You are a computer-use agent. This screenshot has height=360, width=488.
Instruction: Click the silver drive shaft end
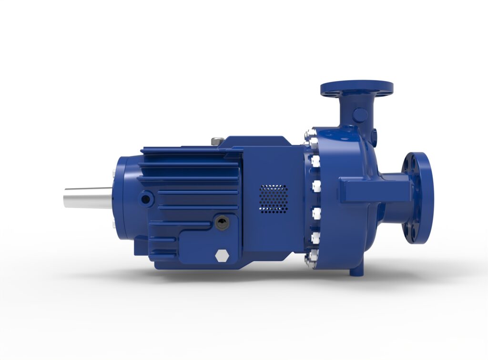(86, 196)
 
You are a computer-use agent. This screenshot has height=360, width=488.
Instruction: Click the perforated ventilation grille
(273, 198)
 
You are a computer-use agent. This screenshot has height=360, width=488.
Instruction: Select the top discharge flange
(356, 88)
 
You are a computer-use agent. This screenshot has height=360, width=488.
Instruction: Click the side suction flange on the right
(418, 198)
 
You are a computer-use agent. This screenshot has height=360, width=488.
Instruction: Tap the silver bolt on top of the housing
(217, 141)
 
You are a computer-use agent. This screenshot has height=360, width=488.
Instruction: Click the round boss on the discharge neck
(360, 115)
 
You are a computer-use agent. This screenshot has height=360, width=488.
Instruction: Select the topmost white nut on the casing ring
(310, 138)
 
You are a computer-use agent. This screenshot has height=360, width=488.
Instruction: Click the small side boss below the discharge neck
(374, 136)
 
